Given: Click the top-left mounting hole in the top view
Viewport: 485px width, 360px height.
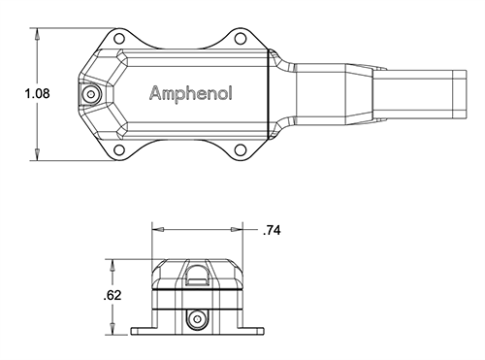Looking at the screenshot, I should [118, 37].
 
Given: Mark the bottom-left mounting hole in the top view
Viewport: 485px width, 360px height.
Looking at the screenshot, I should [118, 151].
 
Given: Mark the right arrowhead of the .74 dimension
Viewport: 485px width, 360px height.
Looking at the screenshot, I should [239, 230].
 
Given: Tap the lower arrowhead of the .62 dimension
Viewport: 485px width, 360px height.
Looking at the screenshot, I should [114, 330].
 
